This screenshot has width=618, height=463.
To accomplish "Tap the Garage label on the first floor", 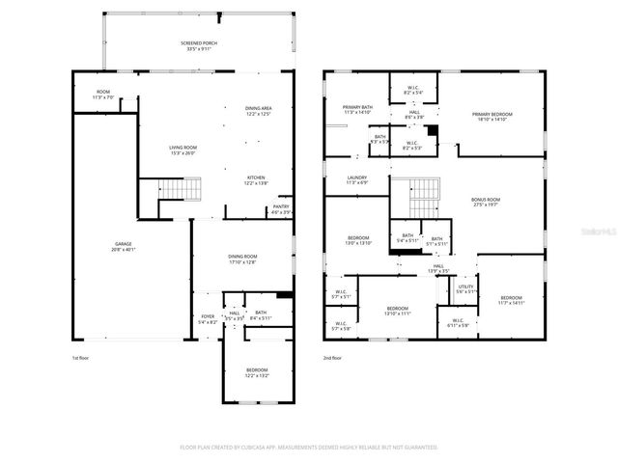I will click(124, 246).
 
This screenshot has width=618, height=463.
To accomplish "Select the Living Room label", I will click(183, 150).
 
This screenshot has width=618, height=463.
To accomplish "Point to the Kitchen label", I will click(256, 179).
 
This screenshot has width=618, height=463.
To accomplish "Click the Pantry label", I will click(281, 208).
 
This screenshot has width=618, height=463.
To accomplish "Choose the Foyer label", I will click(208, 318).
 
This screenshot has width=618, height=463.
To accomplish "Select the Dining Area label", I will click(257, 112).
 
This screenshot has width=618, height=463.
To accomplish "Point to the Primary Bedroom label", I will click(492, 117).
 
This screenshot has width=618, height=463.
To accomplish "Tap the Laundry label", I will click(357, 179).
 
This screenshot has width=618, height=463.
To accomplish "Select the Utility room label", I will click(465, 288).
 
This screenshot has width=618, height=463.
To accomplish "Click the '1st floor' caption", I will click(81, 357).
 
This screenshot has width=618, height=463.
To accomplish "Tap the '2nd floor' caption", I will click(334, 357).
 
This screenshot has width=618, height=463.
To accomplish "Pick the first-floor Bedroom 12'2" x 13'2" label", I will click(256, 372).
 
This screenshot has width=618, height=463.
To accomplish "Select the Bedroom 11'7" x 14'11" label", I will click(511, 299).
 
